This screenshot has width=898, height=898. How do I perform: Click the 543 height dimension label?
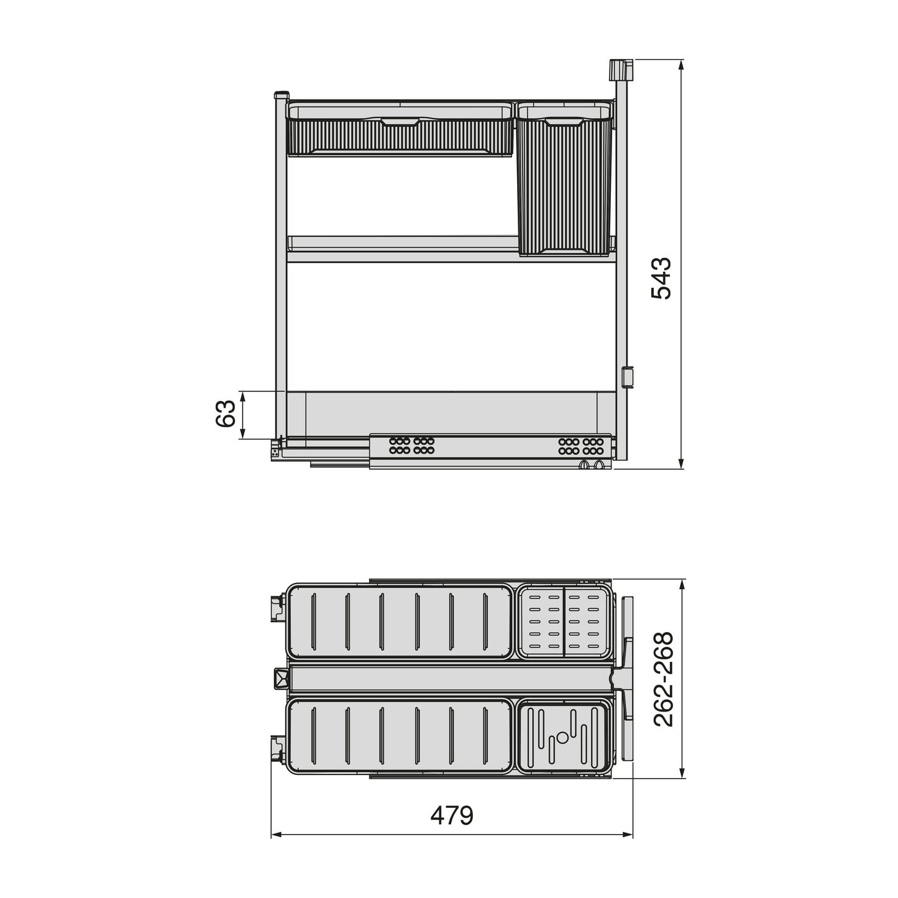coord(661,278)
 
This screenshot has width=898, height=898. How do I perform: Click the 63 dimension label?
coord(226,414)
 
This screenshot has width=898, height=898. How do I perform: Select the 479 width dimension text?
coord(452,815)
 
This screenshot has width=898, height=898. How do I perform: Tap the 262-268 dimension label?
coord(664,679)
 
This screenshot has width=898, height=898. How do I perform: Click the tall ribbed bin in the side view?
coord(564,186)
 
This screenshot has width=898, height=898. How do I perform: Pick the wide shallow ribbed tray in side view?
coord(400,134)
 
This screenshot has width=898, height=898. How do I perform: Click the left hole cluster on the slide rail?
coord(411,445)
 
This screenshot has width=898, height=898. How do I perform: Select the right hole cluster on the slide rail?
coord(580,445)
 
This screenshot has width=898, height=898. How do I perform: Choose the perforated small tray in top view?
coord(564,621)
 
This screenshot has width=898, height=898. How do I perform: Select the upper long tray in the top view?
coord(400,621)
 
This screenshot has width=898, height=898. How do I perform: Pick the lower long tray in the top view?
coord(400,737)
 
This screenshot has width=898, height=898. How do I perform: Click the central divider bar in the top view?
coord(451,679)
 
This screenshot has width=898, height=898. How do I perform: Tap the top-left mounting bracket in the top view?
coord(277,609)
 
